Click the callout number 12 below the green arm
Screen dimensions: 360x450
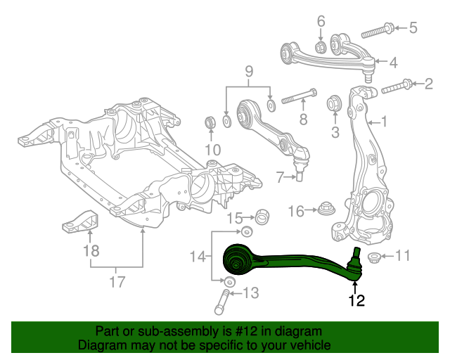pos(356,301)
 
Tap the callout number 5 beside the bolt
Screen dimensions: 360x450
pos(413,28)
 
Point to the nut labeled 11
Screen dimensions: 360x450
pos(374,257)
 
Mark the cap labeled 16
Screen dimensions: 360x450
pos(325,210)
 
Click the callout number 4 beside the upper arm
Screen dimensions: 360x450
pos(392,63)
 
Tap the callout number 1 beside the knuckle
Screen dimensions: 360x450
pos(384,122)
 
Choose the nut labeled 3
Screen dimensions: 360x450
pos(335,106)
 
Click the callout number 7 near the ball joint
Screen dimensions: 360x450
pos(278,176)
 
